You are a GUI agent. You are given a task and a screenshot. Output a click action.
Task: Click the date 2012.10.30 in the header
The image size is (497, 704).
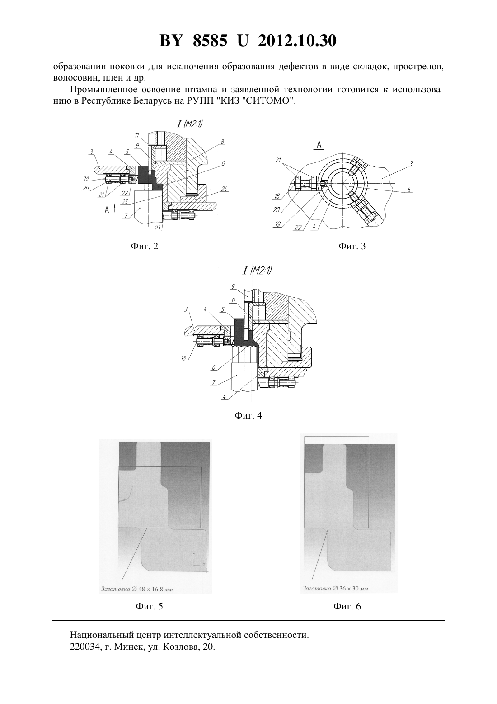pyautogui.click(x=297, y=41)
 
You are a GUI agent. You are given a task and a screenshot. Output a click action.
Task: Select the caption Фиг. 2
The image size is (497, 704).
pyautogui.click(x=144, y=246)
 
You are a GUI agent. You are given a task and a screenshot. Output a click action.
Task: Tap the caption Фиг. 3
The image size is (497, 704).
pyautogui.click(x=352, y=246)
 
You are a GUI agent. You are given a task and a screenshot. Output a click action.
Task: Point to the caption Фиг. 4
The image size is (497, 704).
pyautogui.click(x=248, y=415)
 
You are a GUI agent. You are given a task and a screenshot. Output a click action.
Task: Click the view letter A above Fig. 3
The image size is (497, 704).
pyautogui.click(x=319, y=145)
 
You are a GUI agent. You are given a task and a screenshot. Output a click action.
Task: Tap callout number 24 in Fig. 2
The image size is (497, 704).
pyautogui.click(x=224, y=189)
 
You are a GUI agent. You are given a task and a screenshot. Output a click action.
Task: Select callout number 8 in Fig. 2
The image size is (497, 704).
pyautogui.click(x=222, y=142)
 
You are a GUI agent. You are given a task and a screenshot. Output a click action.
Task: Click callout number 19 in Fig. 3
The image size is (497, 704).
pyautogui.click(x=277, y=224)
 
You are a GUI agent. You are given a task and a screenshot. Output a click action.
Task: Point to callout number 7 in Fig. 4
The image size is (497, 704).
pyautogui.click(x=214, y=383)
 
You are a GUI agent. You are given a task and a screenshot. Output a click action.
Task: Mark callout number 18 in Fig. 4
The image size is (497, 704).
pyautogui.click(x=183, y=358)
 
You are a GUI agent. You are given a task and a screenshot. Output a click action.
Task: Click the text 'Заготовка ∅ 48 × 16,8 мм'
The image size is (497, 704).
pyautogui.click(x=137, y=589)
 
